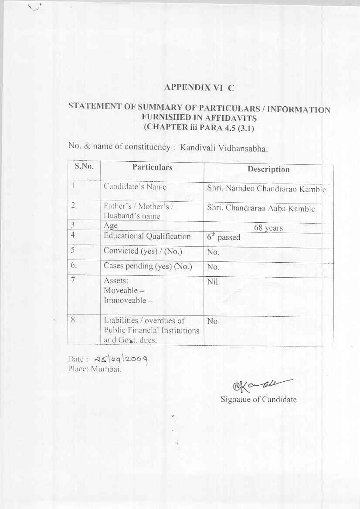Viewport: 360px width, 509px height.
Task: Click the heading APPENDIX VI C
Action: point(199,88)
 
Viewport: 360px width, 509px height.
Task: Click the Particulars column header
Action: point(152,167)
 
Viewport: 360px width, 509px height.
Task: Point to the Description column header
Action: point(268,170)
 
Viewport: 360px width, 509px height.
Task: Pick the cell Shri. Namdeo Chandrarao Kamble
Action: point(266,189)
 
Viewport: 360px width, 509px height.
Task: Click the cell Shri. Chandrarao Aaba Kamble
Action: point(261,208)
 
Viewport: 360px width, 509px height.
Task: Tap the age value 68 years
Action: point(268,228)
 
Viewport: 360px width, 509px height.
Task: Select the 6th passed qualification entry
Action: point(224,238)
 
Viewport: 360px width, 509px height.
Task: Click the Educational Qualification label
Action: point(147,236)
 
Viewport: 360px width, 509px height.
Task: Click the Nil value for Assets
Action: point(213,282)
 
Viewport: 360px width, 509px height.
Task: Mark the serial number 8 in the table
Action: point(74,319)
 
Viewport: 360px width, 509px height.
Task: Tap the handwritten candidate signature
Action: point(257,384)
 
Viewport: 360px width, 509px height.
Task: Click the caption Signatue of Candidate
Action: point(258,399)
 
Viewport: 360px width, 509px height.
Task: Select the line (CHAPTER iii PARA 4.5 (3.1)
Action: point(198,128)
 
